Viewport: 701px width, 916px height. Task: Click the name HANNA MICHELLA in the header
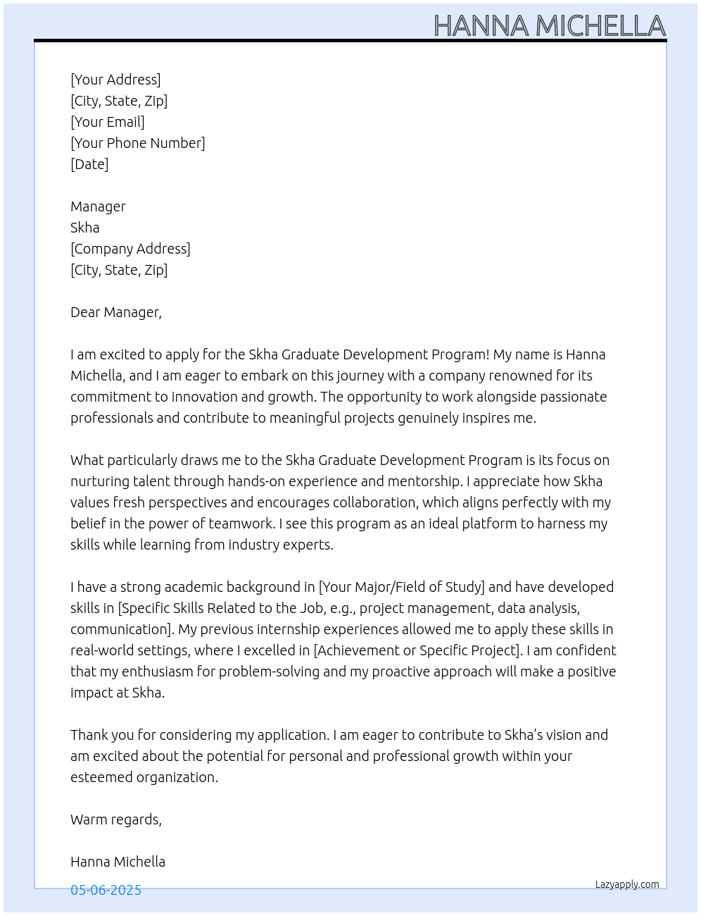point(549,26)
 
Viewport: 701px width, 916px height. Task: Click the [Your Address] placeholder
point(115,80)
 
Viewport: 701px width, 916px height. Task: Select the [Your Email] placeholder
point(108,122)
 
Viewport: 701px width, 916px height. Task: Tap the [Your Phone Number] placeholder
point(138,143)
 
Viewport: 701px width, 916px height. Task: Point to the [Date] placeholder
point(89,164)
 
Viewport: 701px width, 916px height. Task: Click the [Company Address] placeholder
point(130,249)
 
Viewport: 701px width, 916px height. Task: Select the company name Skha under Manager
point(84,228)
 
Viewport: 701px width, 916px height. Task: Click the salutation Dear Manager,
point(116,312)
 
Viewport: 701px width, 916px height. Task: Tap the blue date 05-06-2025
point(106,890)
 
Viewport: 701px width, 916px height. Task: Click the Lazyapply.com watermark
point(627,884)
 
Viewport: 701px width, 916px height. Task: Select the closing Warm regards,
point(116,819)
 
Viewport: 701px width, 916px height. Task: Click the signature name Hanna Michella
point(118,862)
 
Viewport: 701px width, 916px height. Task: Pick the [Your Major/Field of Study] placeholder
point(401,587)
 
